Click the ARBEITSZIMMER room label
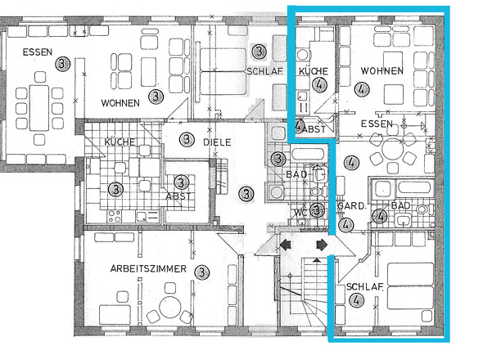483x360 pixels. coord(148,269)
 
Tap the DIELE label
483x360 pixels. coord(217,142)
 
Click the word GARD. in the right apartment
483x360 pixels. coord(352,206)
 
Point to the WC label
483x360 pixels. coord(300,213)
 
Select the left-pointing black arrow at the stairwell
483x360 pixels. coord(286,245)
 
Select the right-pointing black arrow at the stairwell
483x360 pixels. coord(322,245)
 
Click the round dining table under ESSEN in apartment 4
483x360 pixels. coord(392,149)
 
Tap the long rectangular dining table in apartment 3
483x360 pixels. coord(39,108)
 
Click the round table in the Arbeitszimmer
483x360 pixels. coord(169,308)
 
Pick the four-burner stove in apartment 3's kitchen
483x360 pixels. coord(115,216)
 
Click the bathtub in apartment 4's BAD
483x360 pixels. coord(414,188)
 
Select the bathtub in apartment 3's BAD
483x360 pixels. coord(308,155)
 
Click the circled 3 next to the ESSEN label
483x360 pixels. coord(63,64)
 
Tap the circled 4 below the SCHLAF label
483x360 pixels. coord(356,300)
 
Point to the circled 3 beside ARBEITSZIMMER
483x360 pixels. coord(201,272)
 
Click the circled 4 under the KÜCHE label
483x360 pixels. coord(319,84)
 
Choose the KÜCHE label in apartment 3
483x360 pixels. coord(120,142)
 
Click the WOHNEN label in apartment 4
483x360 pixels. coord(382,71)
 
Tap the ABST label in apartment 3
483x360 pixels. coord(178,196)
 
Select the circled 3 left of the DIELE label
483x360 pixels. coord(187,140)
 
